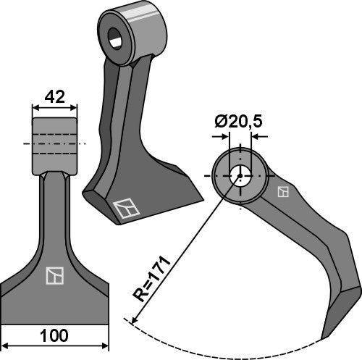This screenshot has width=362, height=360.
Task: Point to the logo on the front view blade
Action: (x=54, y=275)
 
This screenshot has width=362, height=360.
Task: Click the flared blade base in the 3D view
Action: (x=145, y=196)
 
